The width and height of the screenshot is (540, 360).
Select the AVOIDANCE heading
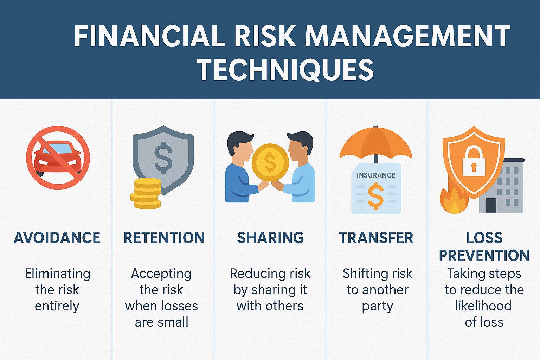57,238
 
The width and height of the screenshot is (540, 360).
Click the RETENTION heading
164,238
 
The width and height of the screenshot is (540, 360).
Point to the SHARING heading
270,238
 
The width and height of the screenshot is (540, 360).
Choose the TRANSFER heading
376,238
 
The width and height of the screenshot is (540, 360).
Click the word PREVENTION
484,255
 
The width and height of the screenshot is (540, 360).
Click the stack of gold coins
146,193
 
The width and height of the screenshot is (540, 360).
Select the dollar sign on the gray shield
163,158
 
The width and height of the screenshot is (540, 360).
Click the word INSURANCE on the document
376,175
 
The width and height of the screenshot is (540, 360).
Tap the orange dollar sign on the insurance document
376,196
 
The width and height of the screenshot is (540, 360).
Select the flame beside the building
454,200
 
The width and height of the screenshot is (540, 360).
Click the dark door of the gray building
490,205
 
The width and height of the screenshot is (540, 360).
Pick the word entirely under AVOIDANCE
57,307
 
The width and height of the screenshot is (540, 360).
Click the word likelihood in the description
483,306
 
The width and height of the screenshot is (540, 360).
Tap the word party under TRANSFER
378,307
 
